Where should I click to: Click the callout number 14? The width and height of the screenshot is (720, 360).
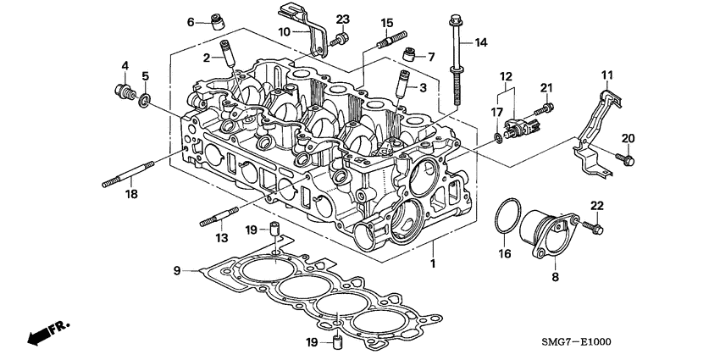click(x=481, y=42)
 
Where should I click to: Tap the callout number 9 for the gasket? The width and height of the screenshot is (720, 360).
click(x=177, y=270)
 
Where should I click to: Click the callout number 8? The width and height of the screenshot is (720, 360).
click(x=555, y=277)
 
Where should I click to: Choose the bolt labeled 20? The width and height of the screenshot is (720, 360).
click(x=628, y=158)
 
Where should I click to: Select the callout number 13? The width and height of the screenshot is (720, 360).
click(x=222, y=240)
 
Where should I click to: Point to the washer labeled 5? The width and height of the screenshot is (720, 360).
click(x=146, y=102)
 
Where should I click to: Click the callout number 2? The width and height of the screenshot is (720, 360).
click(x=205, y=58)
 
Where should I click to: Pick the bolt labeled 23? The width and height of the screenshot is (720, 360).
click(x=341, y=37)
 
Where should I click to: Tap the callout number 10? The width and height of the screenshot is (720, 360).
click(x=285, y=31)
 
